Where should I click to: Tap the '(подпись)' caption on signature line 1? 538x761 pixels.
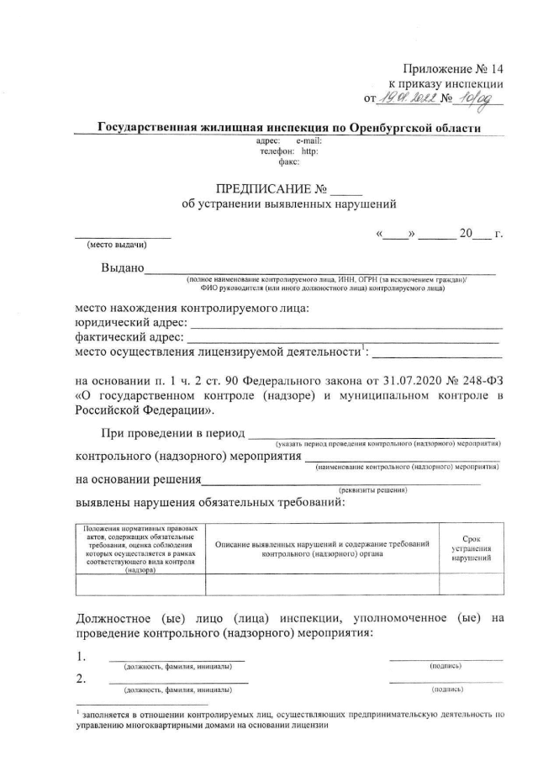click(446, 666)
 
